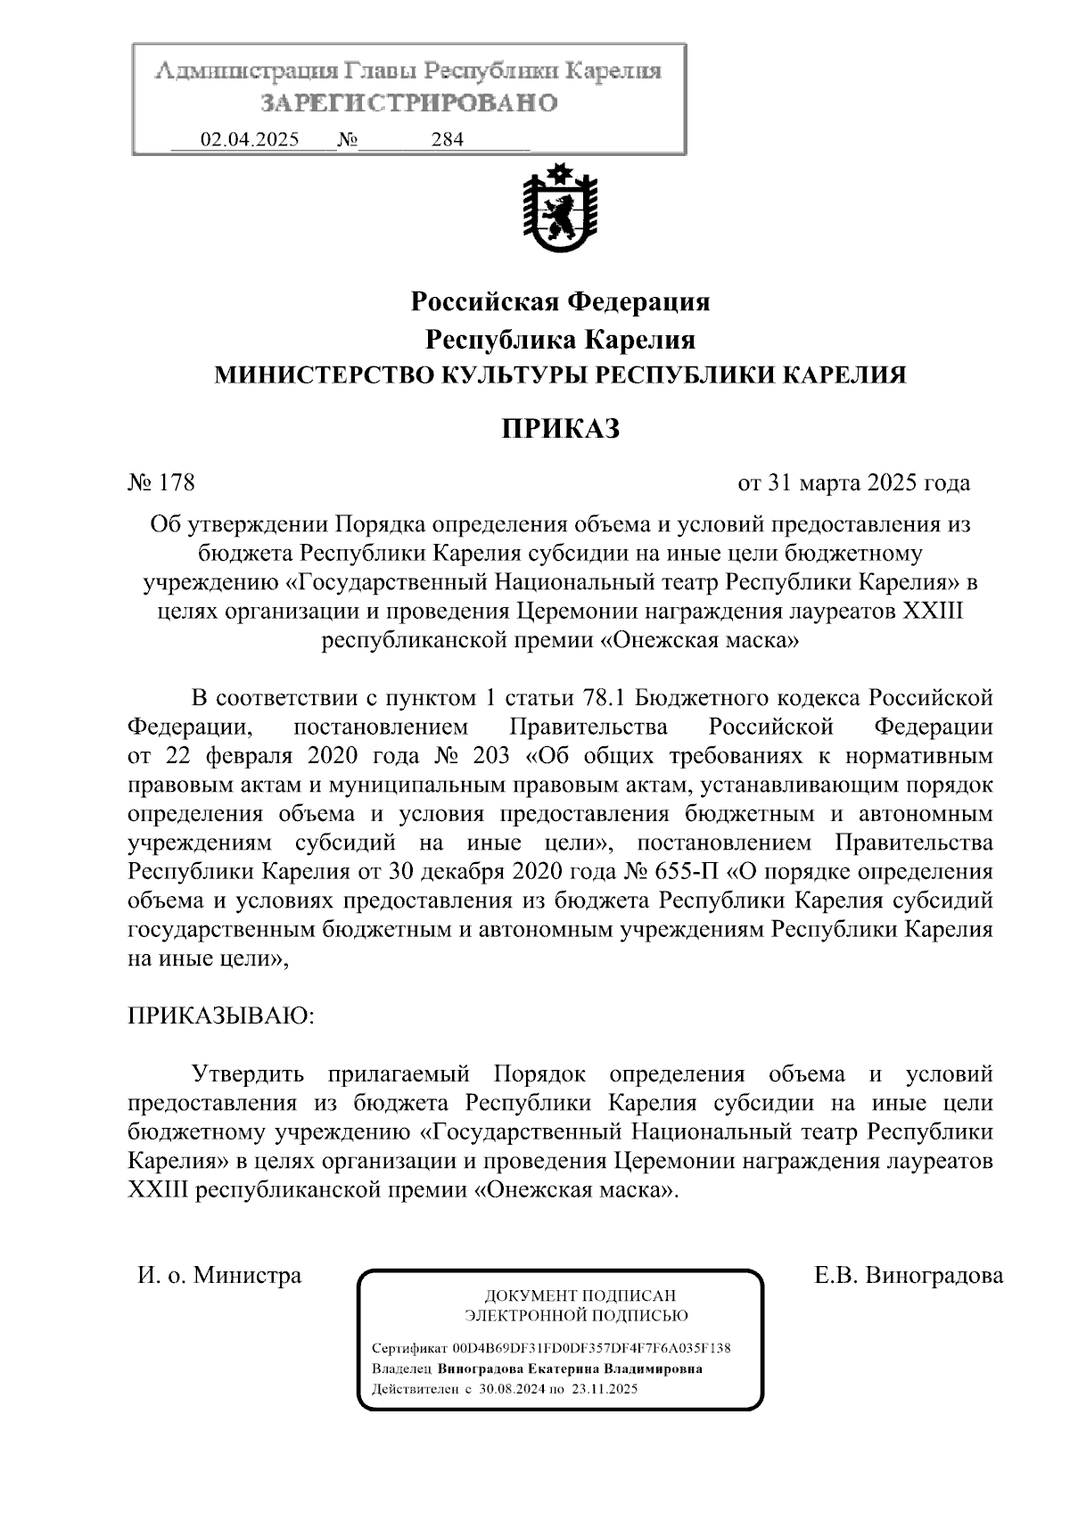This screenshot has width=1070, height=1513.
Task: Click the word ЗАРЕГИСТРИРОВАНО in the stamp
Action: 409,103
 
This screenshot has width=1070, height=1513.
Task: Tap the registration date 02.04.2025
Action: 250,140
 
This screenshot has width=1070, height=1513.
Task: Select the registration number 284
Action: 447,140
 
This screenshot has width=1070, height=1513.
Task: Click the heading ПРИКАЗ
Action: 559,430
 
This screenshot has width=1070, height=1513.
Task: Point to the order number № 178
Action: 161,483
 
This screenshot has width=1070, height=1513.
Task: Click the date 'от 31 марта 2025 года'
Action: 853,483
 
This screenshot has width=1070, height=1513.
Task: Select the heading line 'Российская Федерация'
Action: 560,302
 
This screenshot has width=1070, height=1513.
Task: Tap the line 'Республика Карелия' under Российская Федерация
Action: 560,340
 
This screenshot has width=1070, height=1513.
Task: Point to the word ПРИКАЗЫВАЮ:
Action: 221,1016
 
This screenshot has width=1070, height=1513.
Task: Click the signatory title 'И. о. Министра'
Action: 219,1275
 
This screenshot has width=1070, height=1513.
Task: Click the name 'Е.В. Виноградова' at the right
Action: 909,1275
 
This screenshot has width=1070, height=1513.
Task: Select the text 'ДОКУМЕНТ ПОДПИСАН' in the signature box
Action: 579,1295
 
